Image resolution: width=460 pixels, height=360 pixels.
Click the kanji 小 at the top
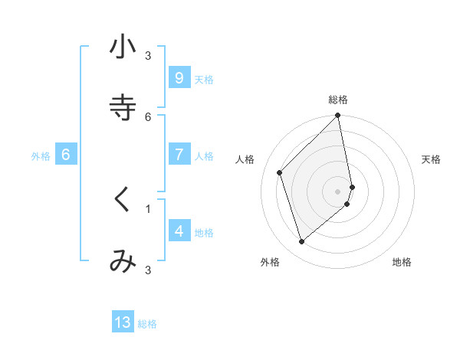123,47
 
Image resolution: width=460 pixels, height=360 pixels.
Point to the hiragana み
123,261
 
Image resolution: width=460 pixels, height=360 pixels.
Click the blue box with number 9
179,77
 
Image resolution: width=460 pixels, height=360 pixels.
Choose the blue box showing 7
179,155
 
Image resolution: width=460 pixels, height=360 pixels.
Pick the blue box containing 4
179,231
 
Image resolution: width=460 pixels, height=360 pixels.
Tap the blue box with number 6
66,155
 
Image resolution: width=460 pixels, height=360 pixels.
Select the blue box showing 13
123,322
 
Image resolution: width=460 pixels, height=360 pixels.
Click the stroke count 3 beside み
148,270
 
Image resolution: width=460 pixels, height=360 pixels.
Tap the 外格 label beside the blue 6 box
41,156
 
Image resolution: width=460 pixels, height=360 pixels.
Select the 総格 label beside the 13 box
147,324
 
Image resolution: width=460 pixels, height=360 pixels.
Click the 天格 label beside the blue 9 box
204,80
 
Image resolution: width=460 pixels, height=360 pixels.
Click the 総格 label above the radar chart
338,100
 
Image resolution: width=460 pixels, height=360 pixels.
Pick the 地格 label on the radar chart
402,262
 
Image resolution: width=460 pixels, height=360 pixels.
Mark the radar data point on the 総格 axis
338,116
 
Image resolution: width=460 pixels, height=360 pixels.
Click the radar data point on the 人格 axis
280,172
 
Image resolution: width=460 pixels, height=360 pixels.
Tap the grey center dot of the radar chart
338,191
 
